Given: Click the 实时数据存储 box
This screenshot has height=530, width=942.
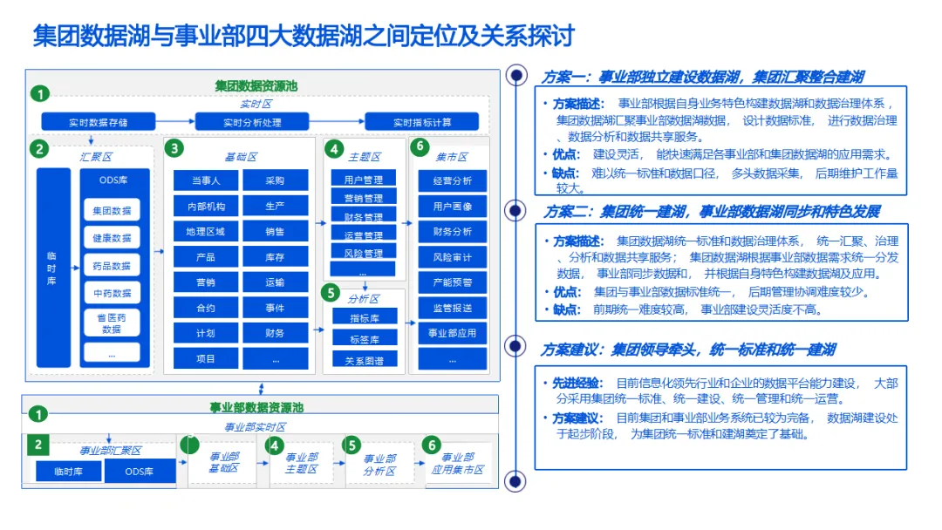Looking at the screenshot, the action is [x=99, y=122].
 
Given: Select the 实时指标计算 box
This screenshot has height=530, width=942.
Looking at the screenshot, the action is [x=422, y=122].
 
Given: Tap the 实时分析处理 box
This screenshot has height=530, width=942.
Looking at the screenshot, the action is [x=252, y=122].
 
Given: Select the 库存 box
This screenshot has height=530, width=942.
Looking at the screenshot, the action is [x=275, y=257].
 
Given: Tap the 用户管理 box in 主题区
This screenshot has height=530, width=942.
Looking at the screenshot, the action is [x=363, y=180].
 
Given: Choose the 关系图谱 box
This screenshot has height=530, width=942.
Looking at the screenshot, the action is [x=363, y=359].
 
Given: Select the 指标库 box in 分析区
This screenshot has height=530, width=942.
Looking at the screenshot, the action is [x=363, y=318].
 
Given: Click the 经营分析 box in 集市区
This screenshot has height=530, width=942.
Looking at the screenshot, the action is [x=452, y=181].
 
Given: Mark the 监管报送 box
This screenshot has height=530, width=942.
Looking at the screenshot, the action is [x=452, y=308].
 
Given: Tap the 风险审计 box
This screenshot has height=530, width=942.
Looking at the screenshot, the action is [x=452, y=257].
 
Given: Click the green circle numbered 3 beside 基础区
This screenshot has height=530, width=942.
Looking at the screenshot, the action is [x=174, y=148].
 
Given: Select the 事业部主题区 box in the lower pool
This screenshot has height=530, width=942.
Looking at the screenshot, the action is [x=301, y=463].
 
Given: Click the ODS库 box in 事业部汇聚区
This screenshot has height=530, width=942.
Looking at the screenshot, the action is [x=139, y=472].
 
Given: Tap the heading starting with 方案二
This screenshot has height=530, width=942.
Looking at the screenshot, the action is [x=712, y=212].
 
